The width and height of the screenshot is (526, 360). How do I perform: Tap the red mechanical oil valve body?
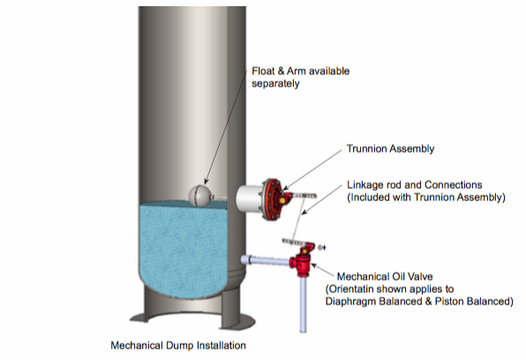tap(301, 262)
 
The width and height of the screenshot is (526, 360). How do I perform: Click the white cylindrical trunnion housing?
tap(249, 199)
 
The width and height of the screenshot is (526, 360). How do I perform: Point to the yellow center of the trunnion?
tap(282, 200)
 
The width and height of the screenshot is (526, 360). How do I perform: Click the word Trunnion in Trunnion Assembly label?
tap(366, 148)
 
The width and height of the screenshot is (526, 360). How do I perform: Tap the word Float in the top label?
tap(263, 71)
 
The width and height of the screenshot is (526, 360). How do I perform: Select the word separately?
tap(275, 84)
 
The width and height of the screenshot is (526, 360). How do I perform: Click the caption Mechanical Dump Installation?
tap(178, 345)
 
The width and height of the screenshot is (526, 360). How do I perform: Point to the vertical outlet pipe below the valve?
tap(303, 304)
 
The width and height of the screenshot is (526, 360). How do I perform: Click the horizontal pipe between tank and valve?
tap(266, 260)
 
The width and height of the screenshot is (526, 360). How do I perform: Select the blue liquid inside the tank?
tap(183, 252)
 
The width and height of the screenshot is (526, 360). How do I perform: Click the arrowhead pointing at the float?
tap(207, 182)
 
